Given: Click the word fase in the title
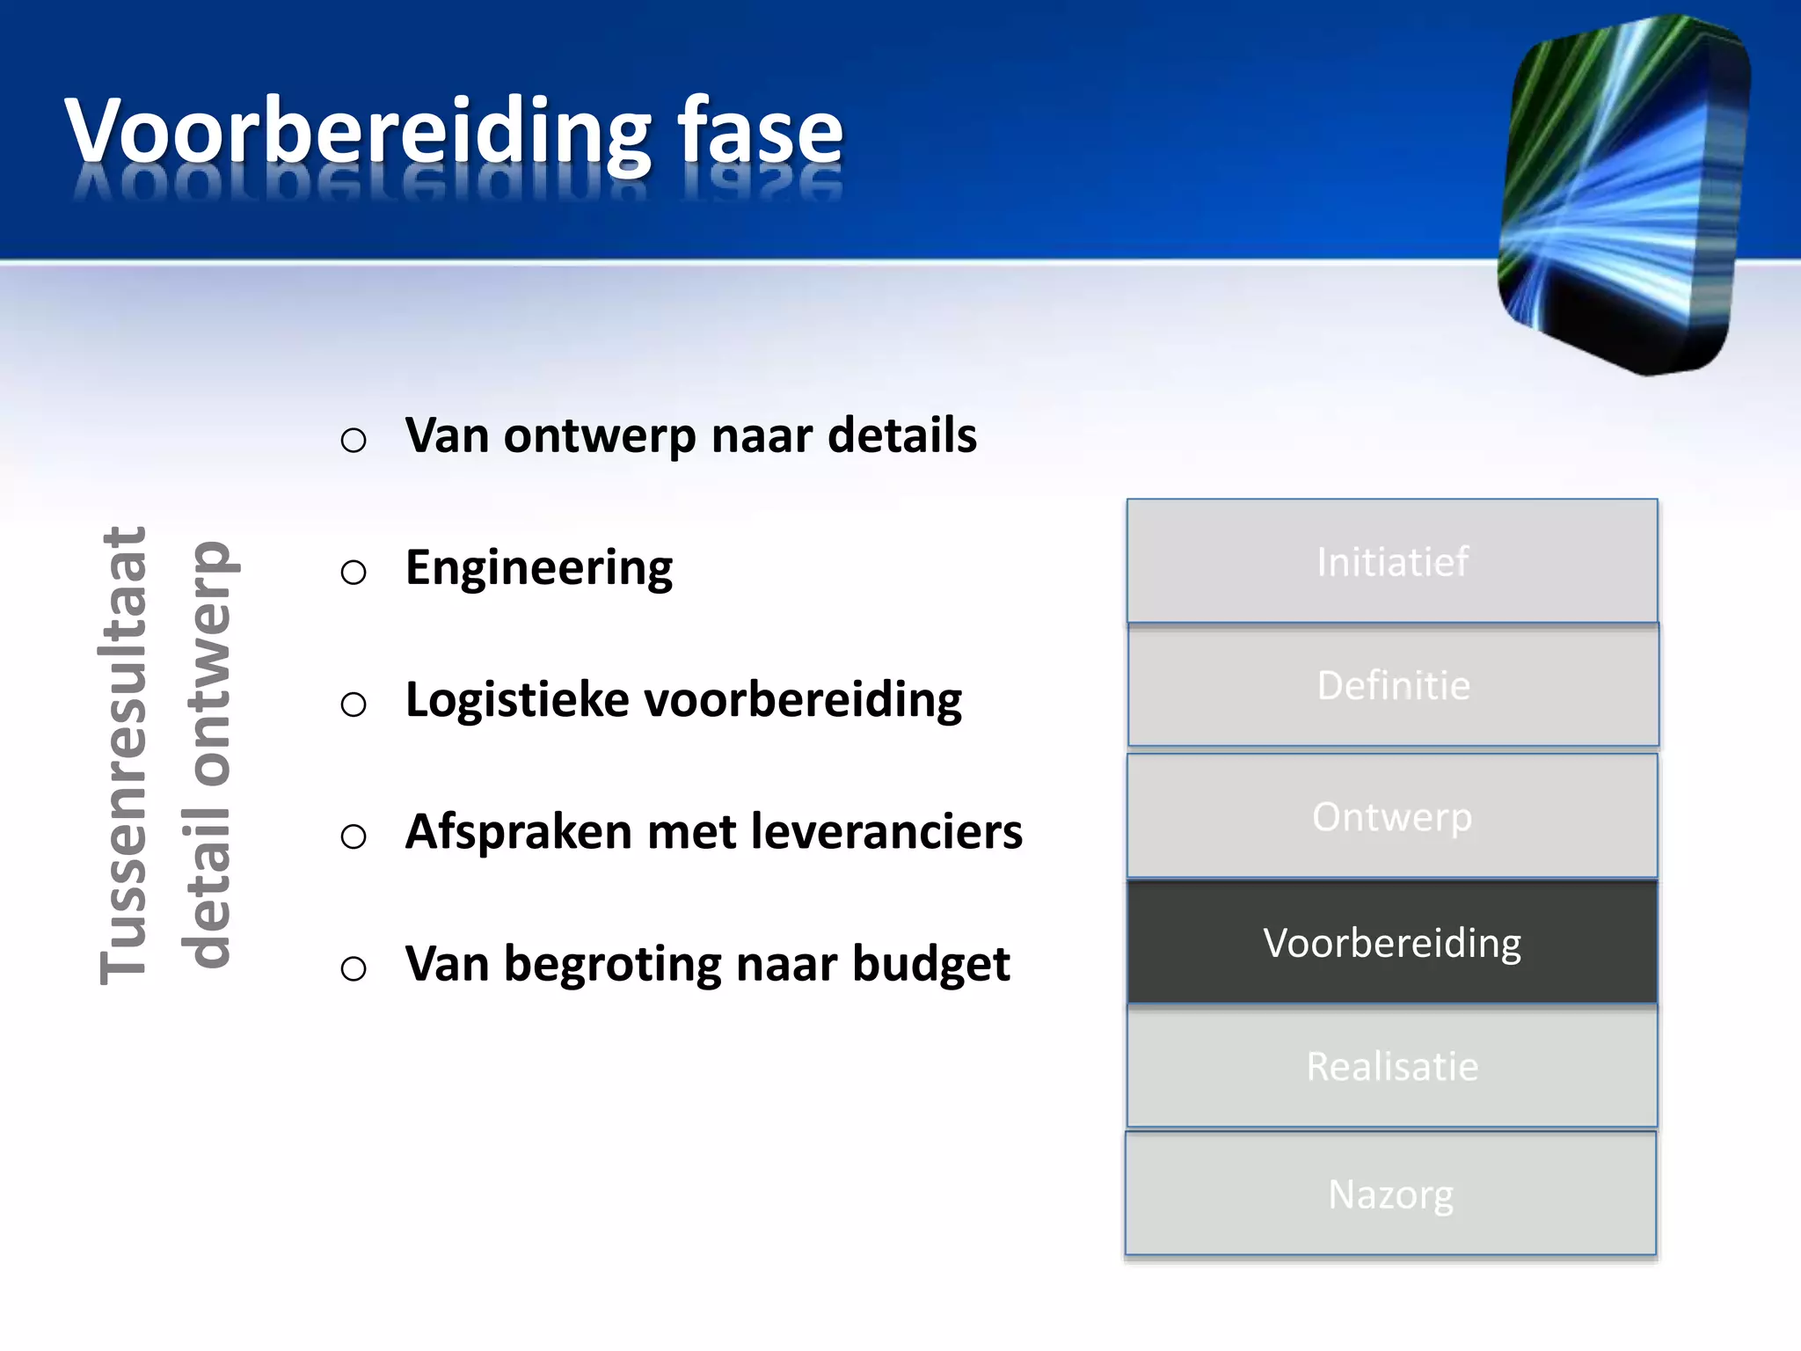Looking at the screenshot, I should coord(760,132).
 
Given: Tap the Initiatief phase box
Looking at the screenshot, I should coord(1392,561).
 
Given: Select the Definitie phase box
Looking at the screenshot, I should coord(1393,685).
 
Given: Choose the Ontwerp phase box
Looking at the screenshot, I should coord(1392,816).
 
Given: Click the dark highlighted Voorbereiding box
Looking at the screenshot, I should coord(1392,942).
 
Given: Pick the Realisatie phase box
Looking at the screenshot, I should coord(1392,1066).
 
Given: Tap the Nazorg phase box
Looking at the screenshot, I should coord(1390,1194).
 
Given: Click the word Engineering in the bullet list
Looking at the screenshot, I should coord(538,568).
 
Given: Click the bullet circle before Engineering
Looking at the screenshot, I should coord(354,573).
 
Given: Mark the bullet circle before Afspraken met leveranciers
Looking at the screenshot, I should coord(354,836).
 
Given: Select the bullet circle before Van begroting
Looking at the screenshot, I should coord(354,968).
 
